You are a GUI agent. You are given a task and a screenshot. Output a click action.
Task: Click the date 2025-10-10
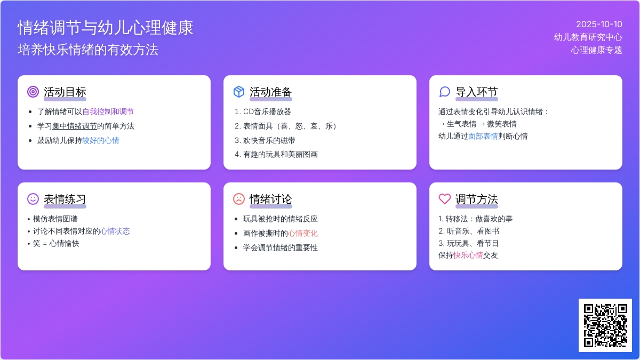pyautogui.click(x=599, y=25)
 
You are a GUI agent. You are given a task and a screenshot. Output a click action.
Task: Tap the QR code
pyautogui.click(x=605, y=325)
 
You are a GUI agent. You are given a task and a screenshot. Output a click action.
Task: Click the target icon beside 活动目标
pyautogui.click(x=33, y=92)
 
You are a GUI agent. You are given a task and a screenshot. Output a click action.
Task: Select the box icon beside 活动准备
pyautogui.click(x=239, y=92)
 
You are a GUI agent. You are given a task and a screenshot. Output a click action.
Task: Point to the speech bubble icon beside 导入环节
pyautogui.click(x=445, y=92)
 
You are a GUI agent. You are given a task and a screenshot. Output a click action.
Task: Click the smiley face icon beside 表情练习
pyautogui.click(x=33, y=199)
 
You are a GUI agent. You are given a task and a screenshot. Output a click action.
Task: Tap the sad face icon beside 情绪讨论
pyautogui.click(x=239, y=199)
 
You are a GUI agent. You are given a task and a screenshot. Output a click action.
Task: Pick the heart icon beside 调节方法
pyautogui.click(x=445, y=199)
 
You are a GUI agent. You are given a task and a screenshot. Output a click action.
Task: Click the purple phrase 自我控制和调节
pyautogui.click(x=108, y=111)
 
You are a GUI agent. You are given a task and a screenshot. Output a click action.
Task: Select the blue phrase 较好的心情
pyautogui.click(x=101, y=141)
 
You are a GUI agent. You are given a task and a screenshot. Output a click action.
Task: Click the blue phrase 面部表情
pyautogui.click(x=483, y=137)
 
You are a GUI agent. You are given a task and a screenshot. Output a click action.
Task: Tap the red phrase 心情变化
pyautogui.click(x=303, y=234)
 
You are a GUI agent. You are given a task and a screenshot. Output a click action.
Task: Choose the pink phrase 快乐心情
pyautogui.click(x=468, y=255)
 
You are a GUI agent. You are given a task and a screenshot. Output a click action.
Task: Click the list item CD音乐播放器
pyautogui.click(x=267, y=111)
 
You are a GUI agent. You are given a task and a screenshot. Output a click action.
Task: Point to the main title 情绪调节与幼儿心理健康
pyautogui.click(x=106, y=28)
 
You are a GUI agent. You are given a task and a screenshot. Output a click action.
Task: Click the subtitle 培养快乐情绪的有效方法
pyautogui.click(x=87, y=50)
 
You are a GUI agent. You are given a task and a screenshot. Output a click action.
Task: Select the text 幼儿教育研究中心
pyautogui.click(x=588, y=37)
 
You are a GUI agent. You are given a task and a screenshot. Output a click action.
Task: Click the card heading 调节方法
pyautogui.click(x=477, y=199)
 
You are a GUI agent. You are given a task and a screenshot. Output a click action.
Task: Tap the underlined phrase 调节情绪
pyautogui.click(x=273, y=247)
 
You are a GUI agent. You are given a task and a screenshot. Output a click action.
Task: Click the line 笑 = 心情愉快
pyautogui.click(x=56, y=243)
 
